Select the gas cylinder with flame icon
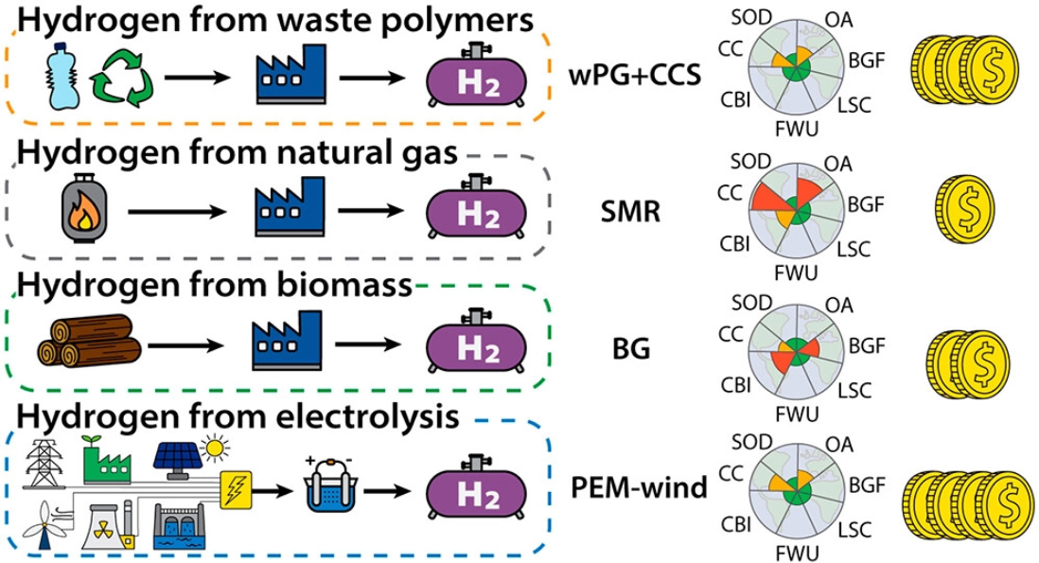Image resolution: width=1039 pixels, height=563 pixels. point(80,210)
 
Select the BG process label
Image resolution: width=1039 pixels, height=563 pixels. point(629,348)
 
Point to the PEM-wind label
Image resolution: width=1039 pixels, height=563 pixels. point(640,490)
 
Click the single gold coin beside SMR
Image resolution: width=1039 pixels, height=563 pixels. point(964,210)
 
